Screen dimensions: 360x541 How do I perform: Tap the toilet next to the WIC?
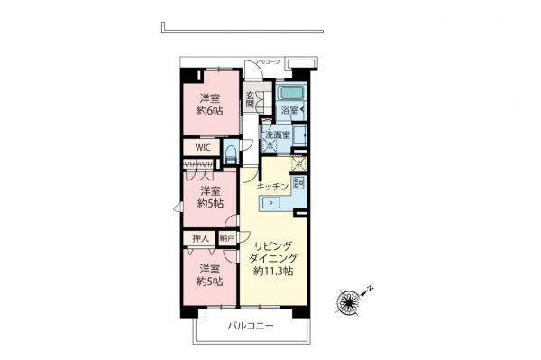232,152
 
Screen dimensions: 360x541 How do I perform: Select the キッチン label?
272,187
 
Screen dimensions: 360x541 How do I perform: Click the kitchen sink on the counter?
271,202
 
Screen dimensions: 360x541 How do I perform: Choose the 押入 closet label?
200,238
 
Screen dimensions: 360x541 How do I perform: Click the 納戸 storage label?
226,238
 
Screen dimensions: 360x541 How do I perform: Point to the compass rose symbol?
349,300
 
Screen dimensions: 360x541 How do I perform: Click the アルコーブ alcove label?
268,61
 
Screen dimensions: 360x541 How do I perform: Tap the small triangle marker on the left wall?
178,208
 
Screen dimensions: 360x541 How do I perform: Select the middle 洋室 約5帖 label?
211,198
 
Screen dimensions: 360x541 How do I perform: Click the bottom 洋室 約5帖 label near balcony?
211,275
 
